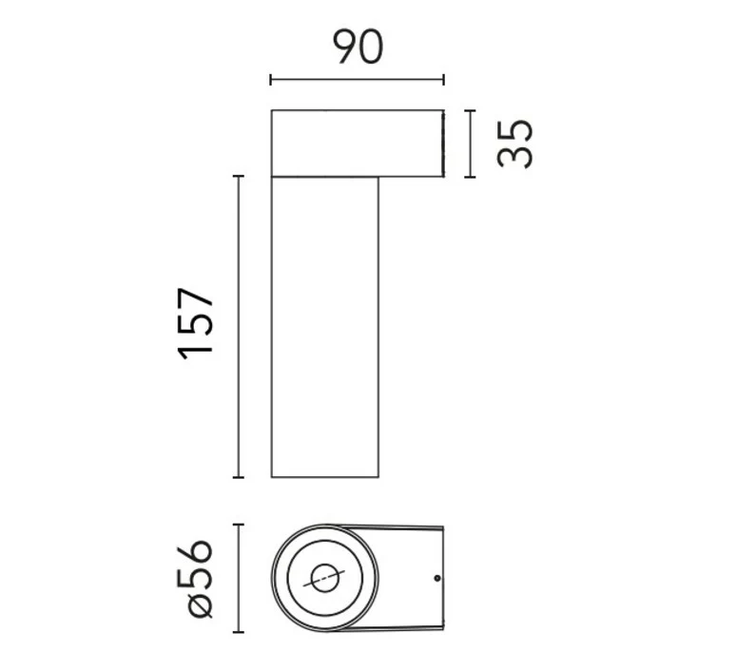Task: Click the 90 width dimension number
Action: pyautogui.click(x=358, y=47)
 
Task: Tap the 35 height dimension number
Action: pyautogui.click(x=515, y=144)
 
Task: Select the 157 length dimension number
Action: pyautogui.click(x=195, y=324)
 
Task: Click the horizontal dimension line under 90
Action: pyautogui.click(x=358, y=80)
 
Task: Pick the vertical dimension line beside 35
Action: pyautogui.click(x=471, y=144)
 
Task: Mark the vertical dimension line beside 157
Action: pyautogui.click(x=239, y=327)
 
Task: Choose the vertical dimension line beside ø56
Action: pyautogui.click(x=239, y=578)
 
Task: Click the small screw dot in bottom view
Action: pyautogui.click(x=437, y=578)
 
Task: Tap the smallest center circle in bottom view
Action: pyautogui.click(x=325, y=578)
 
